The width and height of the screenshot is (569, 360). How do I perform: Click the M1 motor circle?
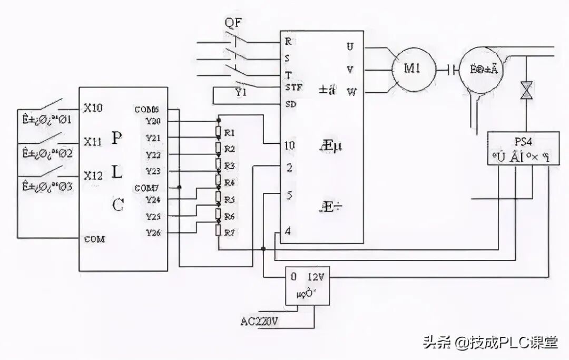pyautogui.click(x=413, y=69)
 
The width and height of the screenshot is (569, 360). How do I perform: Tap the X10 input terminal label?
pyautogui.click(x=93, y=108)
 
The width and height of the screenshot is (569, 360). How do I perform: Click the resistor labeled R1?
pyautogui.click(x=218, y=132)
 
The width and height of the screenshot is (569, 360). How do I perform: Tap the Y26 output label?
pyautogui.click(x=153, y=232)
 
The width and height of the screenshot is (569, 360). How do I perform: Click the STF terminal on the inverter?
pyautogui.click(x=292, y=87)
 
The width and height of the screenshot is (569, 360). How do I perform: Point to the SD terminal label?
pyautogui.click(x=290, y=104)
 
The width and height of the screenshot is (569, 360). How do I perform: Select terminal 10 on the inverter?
pyautogui.click(x=290, y=144)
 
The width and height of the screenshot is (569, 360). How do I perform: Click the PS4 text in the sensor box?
pyautogui.click(x=523, y=141)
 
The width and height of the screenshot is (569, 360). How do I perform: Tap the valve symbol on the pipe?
pyautogui.click(x=526, y=90)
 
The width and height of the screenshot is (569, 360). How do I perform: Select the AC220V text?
pyautogui.click(x=259, y=322)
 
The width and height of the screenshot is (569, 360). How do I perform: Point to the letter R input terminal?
pyautogui.click(x=288, y=41)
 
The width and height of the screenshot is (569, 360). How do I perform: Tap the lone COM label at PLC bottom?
pyautogui.click(x=95, y=239)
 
